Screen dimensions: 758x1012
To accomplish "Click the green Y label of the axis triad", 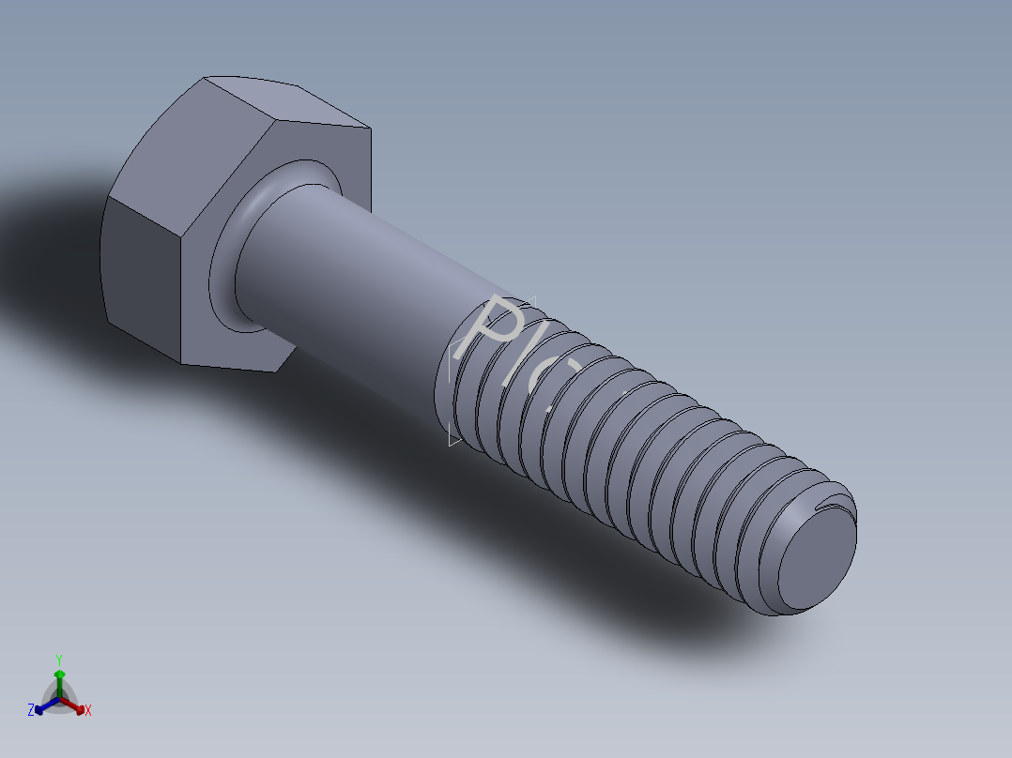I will [58, 659].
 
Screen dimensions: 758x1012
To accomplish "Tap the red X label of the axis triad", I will [88, 711].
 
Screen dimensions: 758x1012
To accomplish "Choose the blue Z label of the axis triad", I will [31, 710].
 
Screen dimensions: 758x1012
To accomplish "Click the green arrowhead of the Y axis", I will [59, 675].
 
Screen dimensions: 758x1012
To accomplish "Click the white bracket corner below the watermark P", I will [453, 440].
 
